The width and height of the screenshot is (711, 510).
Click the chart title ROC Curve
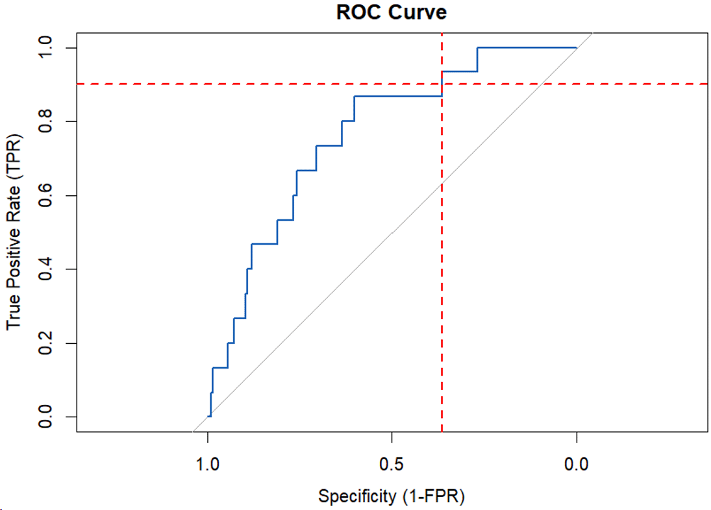pyautogui.click(x=392, y=12)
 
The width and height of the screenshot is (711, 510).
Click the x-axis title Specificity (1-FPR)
pyautogui.click(x=392, y=496)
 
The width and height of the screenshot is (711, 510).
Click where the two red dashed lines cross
pyautogui.click(x=442, y=84)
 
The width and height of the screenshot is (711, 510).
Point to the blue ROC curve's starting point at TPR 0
pyautogui.click(x=208, y=416)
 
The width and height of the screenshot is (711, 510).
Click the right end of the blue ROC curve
pyautogui.click(x=576, y=47)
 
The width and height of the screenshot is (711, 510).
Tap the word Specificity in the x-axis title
pyautogui.click(x=356, y=496)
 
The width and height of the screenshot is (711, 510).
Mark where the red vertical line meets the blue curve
pyautogui.click(x=442, y=84)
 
